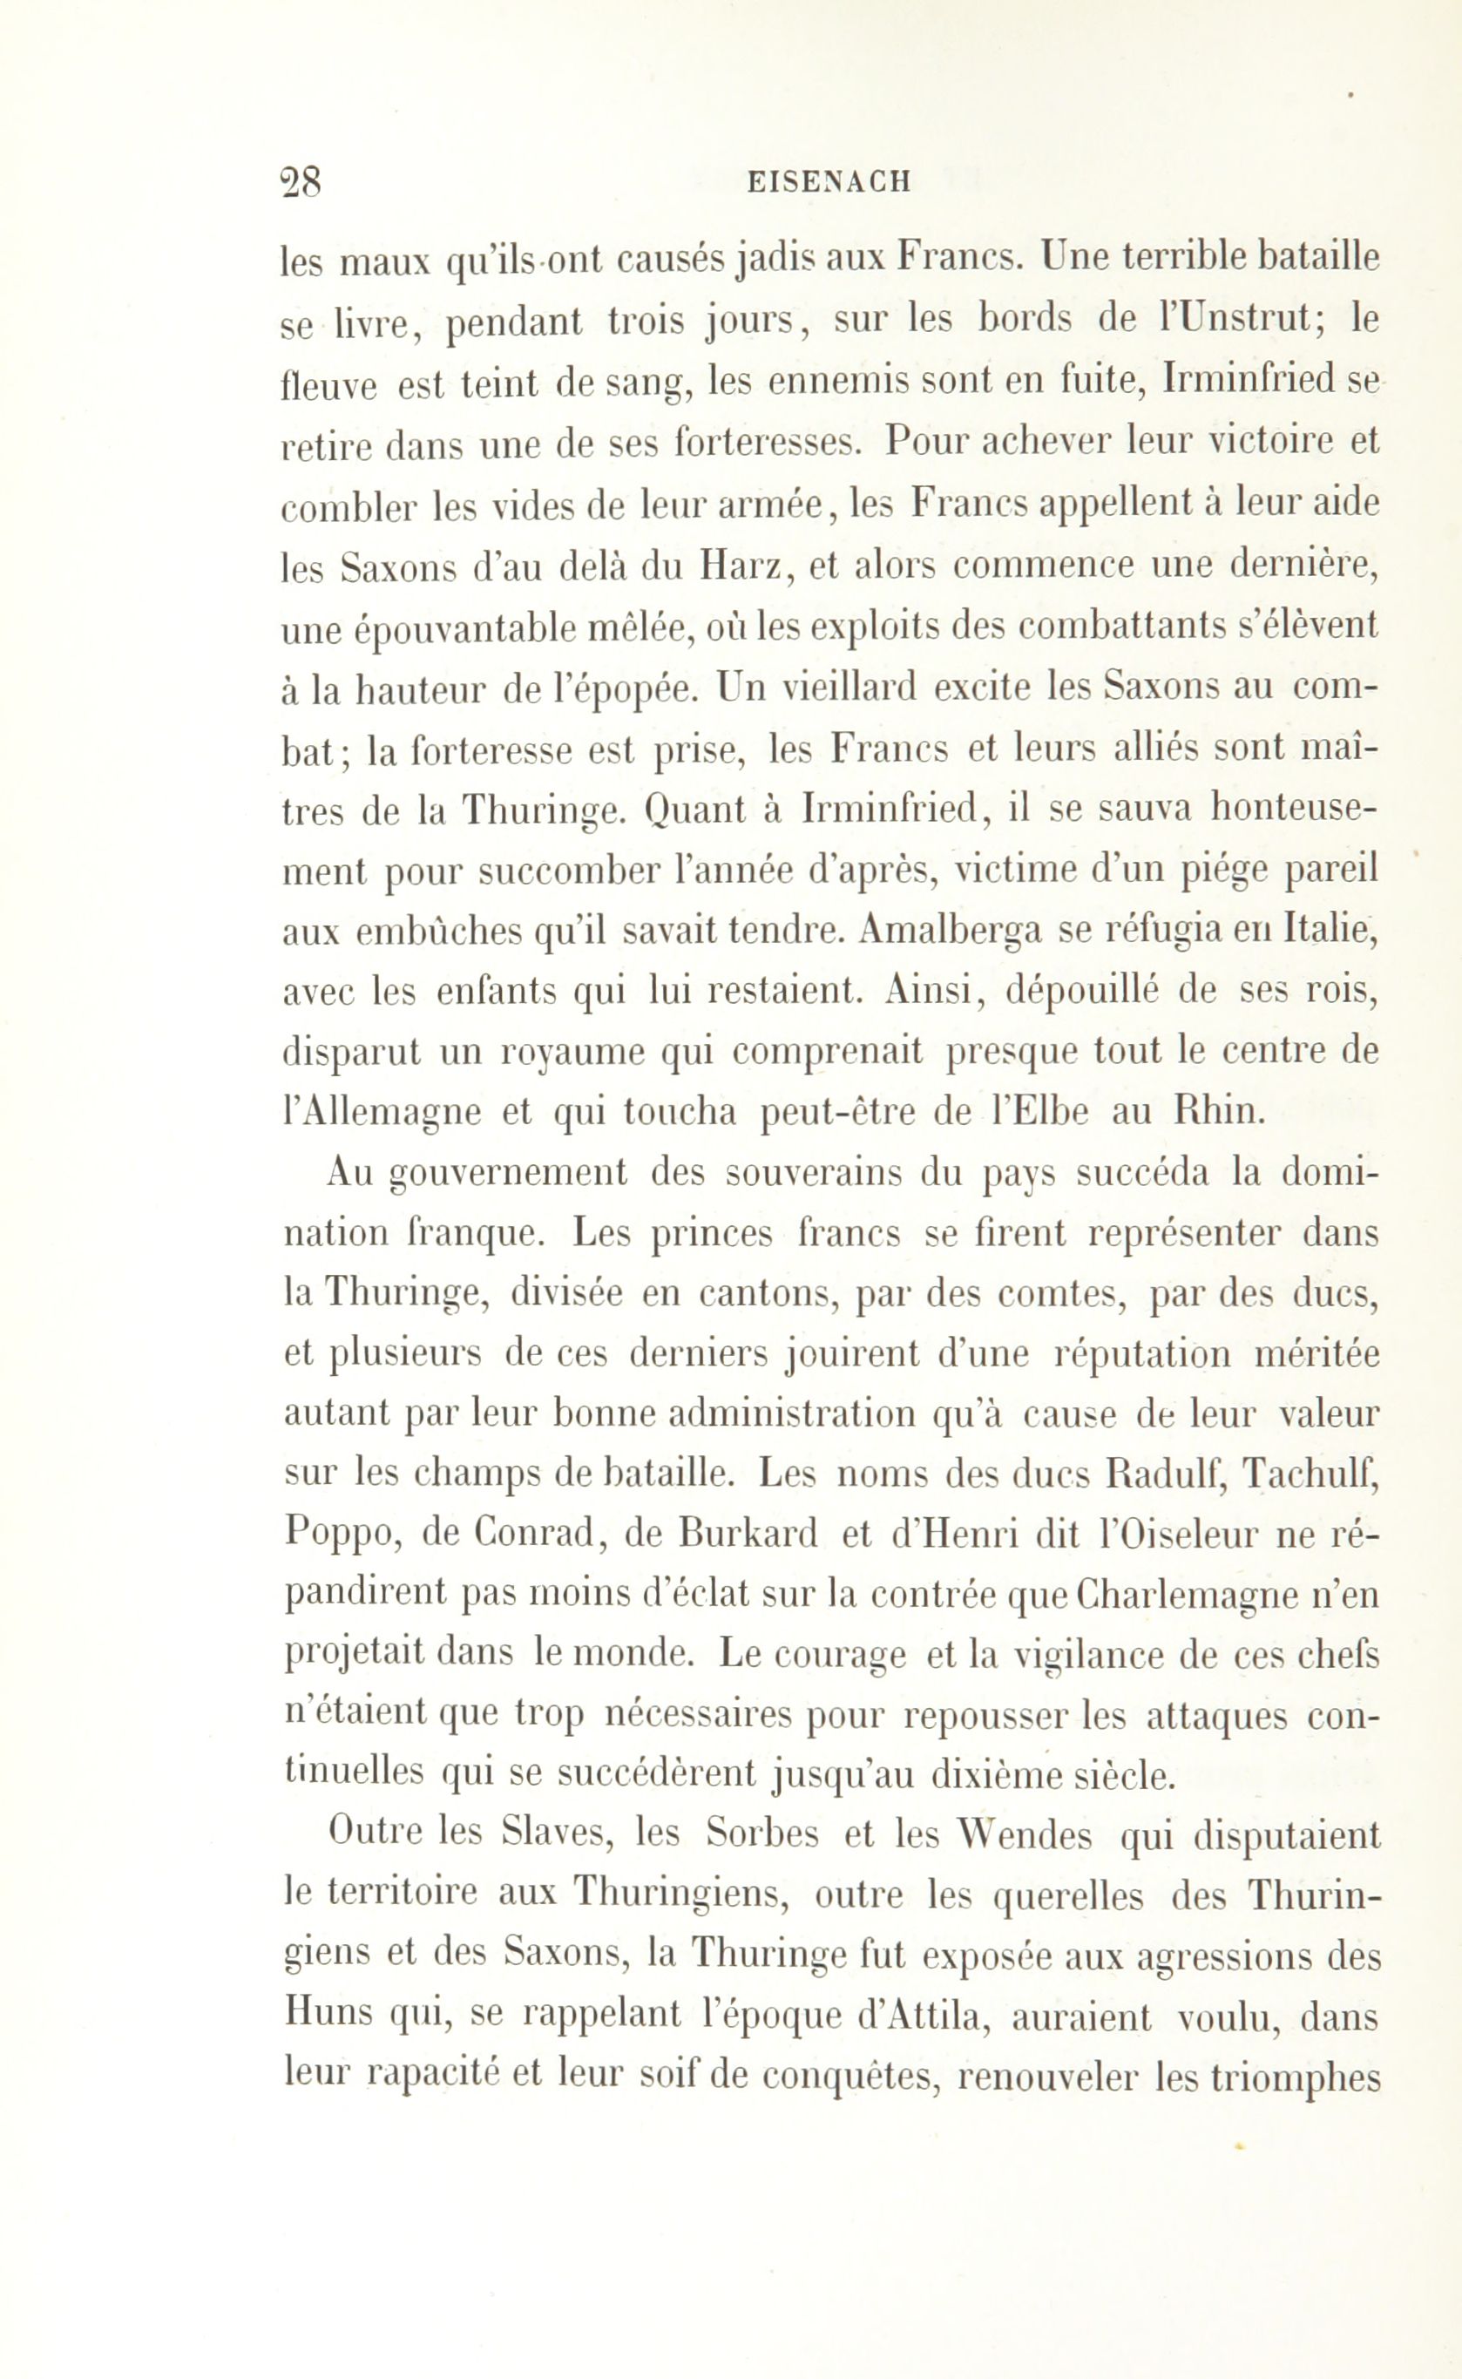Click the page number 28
coord(300,181)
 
